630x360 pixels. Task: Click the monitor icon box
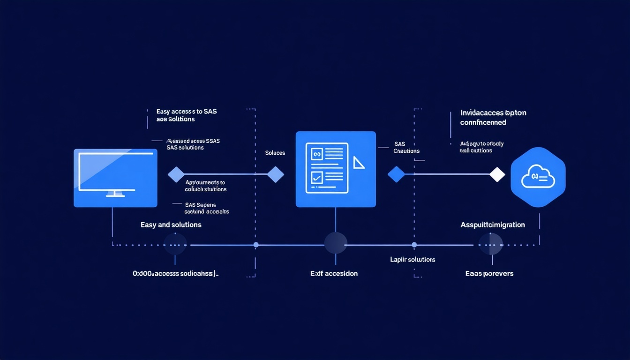pyautogui.click(x=115, y=178)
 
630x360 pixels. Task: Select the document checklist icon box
pyautogui.click(x=336, y=169)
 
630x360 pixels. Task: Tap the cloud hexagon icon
pyautogui.click(x=538, y=177)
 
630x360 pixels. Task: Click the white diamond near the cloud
pyautogui.click(x=497, y=174)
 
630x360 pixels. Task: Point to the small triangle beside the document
pyautogui.click(x=359, y=163)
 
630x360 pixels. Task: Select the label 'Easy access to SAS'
pyautogui.click(x=187, y=112)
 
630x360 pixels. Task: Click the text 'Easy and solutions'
pyautogui.click(x=171, y=225)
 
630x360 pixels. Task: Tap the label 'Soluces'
pyautogui.click(x=275, y=153)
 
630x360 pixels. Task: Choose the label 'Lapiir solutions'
pyautogui.click(x=412, y=259)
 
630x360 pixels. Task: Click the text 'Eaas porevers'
pyautogui.click(x=489, y=273)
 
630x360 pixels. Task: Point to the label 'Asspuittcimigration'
pyautogui.click(x=493, y=225)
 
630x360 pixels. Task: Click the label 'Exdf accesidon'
pyautogui.click(x=334, y=273)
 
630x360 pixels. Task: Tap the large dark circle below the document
pyautogui.click(x=336, y=244)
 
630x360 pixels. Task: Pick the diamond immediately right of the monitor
pyautogui.click(x=176, y=174)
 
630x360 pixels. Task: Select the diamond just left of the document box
pyautogui.click(x=275, y=174)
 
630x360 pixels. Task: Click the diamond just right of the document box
pyautogui.click(x=396, y=174)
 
